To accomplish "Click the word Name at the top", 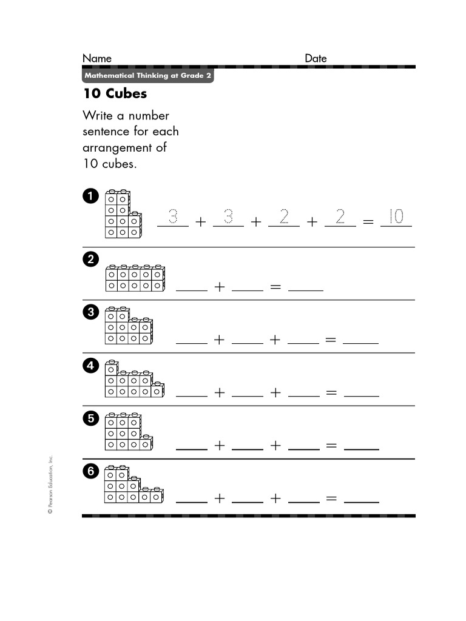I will (x=97, y=58).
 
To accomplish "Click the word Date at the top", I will (x=316, y=58).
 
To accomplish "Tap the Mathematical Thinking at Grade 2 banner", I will (x=148, y=76).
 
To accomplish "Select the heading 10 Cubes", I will (x=115, y=94).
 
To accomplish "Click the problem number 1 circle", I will (x=90, y=196).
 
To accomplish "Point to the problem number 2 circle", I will (x=90, y=260).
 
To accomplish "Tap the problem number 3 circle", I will (x=90, y=313).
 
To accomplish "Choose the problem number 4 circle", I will (x=90, y=366).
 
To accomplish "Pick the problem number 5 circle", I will (x=90, y=418).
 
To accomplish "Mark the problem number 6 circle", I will (x=90, y=472).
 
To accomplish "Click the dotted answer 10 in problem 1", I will (x=396, y=217).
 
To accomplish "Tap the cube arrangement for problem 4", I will (x=133, y=380).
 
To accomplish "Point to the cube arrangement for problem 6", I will (x=132, y=485).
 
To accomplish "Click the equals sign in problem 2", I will (x=275, y=287).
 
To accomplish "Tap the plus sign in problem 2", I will (x=219, y=287).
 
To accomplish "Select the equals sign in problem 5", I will (x=331, y=446).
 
